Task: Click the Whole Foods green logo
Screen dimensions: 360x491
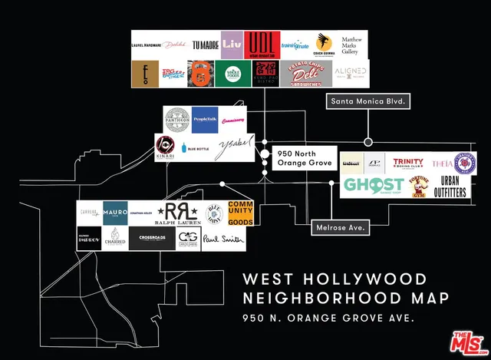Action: [x=232, y=73]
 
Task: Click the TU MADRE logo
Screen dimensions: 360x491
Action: [x=205, y=45]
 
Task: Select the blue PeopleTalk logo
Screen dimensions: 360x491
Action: [x=205, y=120]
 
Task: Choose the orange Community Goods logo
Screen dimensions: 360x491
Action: [x=239, y=213]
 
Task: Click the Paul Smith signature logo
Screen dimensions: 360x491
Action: [x=223, y=239]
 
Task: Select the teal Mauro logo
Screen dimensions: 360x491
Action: [x=115, y=212]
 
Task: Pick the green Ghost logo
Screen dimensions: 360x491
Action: [x=374, y=185]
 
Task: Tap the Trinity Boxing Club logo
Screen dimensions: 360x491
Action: [x=408, y=163]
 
